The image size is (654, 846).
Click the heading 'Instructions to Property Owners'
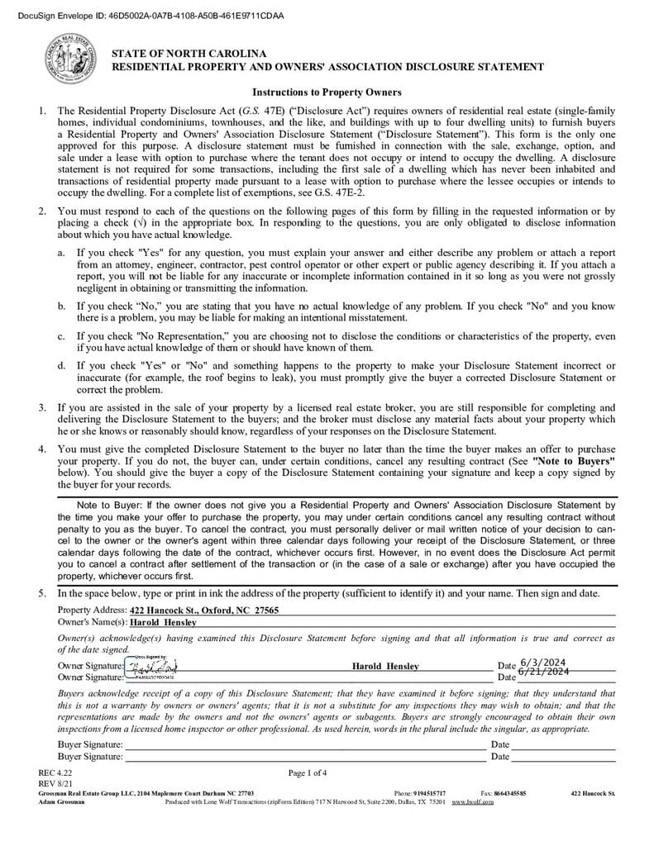coord(327,93)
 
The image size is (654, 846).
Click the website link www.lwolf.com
coord(472,802)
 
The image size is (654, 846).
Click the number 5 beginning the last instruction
coord(41,594)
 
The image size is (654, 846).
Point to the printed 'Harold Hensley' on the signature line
coord(385,666)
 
